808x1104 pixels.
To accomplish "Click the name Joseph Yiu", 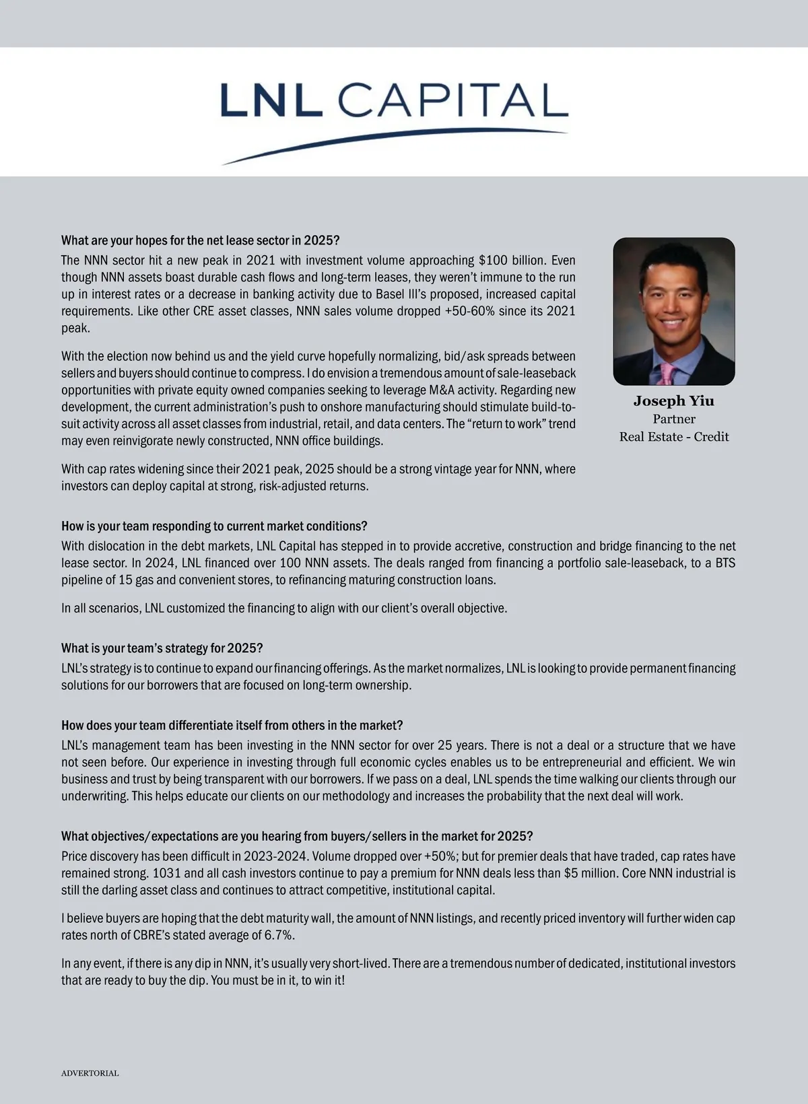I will (x=673, y=401).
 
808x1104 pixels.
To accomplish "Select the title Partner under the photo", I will (x=673, y=419).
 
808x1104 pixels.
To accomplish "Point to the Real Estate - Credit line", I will (x=673, y=437).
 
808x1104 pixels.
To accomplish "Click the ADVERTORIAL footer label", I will (x=90, y=1073).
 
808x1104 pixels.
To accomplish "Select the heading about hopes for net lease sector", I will (x=201, y=240).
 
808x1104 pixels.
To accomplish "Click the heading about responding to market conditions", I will (x=214, y=526).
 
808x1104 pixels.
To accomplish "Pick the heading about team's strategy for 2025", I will (x=162, y=648).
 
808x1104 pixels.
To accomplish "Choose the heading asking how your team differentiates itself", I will (x=232, y=725).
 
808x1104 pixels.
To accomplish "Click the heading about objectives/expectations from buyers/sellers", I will (x=297, y=836).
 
